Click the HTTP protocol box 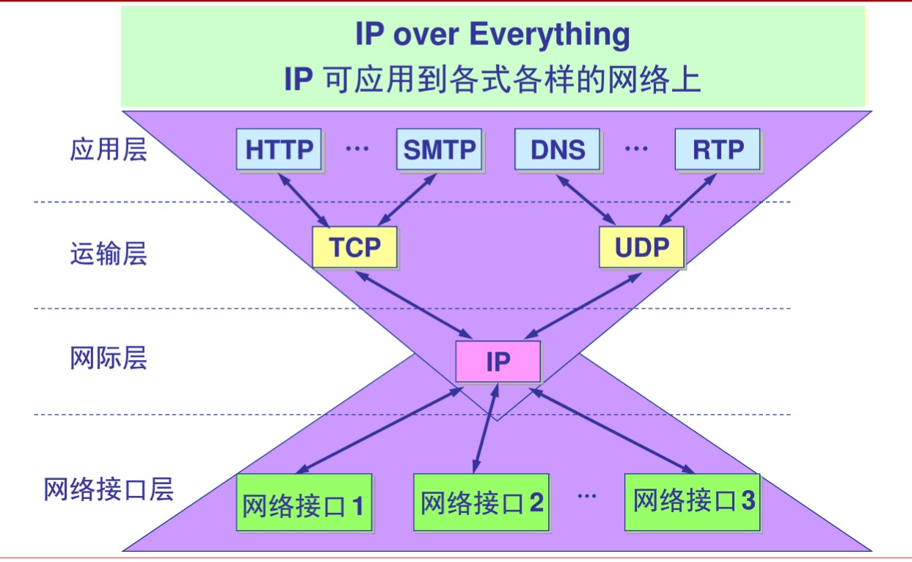[279, 150]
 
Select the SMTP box [439, 150]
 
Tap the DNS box [558, 150]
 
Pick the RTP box [718, 150]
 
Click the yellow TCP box [354, 248]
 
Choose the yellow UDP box [641, 248]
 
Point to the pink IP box [497, 361]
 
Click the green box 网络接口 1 [304, 503]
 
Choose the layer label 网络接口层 [109, 489]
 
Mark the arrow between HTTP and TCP [304, 200]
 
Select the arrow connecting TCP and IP [413, 304]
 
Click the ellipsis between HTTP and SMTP [357, 149]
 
